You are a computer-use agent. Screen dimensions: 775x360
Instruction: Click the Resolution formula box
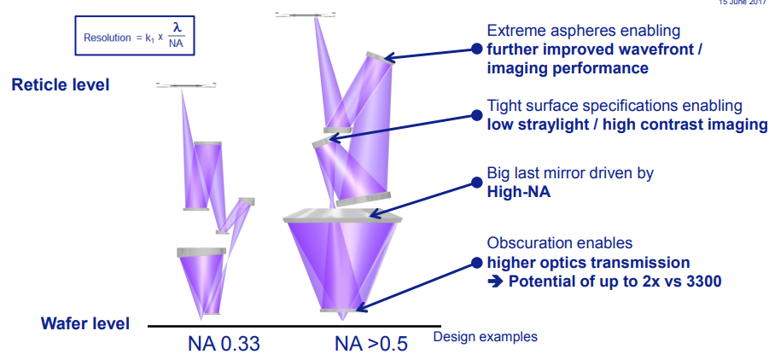point(135,36)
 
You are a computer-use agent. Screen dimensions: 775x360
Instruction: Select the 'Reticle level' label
point(61,84)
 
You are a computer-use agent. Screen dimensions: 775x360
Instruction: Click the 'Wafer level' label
point(85,323)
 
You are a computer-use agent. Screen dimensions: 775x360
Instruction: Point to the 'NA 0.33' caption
point(224,344)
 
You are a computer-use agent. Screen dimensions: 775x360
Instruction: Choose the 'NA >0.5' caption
point(371,344)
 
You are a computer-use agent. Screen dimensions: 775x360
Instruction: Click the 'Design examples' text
point(485,337)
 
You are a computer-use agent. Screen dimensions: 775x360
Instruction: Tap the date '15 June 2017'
point(745,2)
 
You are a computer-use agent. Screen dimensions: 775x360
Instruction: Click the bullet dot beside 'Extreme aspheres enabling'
point(476,49)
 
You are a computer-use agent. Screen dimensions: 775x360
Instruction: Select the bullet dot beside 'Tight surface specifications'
point(476,115)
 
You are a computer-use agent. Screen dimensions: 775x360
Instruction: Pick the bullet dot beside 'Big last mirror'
point(476,183)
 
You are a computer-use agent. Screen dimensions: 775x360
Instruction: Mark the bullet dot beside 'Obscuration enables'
point(476,262)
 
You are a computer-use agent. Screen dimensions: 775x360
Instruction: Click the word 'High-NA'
point(519,191)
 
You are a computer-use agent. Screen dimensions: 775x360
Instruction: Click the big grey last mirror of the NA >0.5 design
point(342,216)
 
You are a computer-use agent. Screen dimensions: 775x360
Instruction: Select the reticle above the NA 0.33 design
point(186,85)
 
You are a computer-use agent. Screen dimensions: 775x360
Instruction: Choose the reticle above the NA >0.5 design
point(306,15)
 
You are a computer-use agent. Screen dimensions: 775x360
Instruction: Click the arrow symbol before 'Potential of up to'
point(495,282)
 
